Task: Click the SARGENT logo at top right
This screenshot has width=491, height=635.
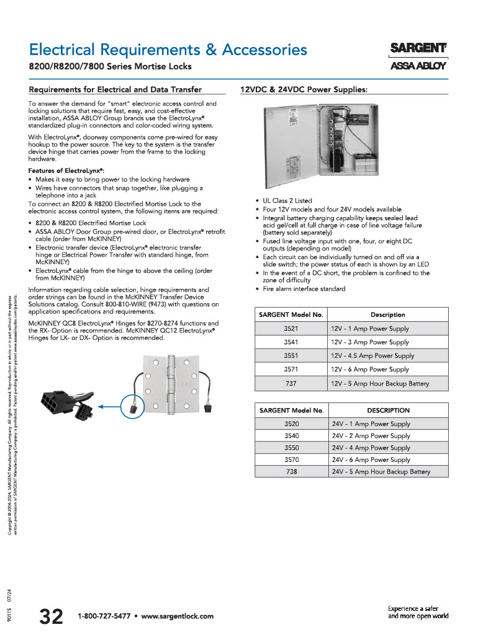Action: (x=418, y=48)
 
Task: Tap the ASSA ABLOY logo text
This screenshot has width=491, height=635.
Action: (x=418, y=66)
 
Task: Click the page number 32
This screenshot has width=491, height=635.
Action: (x=51, y=616)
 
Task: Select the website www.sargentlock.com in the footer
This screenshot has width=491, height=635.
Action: (x=178, y=616)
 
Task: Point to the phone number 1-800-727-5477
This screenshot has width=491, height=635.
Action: (x=104, y=616)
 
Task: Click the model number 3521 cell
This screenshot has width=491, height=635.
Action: (x=291, y=329)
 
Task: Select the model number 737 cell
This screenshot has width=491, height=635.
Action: (x=291, y=383)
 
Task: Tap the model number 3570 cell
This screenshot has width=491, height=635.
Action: (x=291, y=460)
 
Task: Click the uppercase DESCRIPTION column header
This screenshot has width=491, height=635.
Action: (x=388, y=410)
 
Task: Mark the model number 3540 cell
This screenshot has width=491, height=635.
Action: (x=291, y=436)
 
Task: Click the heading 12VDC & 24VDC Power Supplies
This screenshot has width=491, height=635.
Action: (x=304, y=89)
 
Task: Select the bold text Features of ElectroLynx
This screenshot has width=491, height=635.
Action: (x=66, y=171)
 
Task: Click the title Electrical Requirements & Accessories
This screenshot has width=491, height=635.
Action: (x=168, y=49)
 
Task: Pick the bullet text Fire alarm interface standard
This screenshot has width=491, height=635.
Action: (x=304, y=289)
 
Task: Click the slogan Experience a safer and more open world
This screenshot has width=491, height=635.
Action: (x=418, y=612)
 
